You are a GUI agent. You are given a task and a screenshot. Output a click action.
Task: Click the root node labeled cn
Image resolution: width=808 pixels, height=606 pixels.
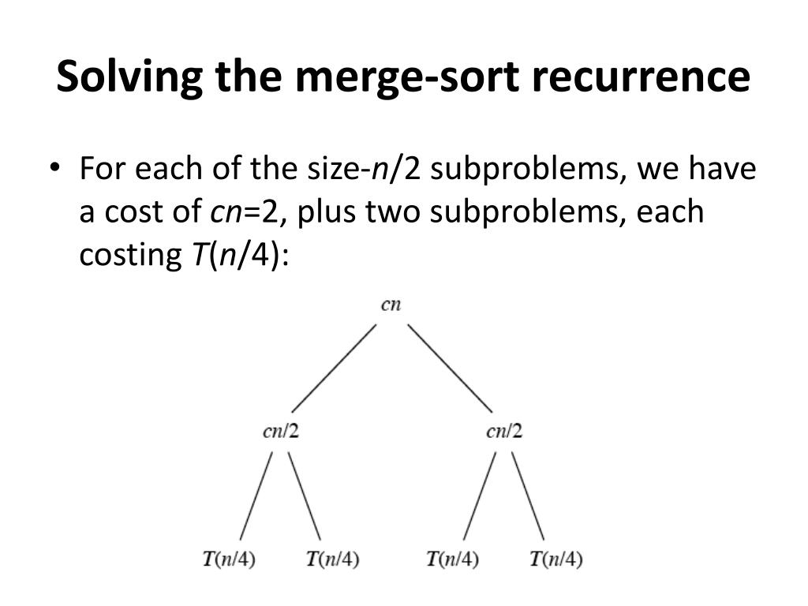[391, 305]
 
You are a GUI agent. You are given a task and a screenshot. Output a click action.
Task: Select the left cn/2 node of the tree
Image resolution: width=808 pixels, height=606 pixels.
[281, 431]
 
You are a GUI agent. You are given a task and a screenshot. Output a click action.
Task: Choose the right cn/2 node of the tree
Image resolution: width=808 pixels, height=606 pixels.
[505, 431]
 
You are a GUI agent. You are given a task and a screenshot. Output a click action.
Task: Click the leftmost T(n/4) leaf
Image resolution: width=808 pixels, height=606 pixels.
[229, 559]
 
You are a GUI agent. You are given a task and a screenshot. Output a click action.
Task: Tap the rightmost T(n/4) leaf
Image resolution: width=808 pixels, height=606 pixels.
[556, 559]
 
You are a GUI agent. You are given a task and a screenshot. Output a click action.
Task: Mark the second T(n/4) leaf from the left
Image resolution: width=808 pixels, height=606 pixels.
[332, 559]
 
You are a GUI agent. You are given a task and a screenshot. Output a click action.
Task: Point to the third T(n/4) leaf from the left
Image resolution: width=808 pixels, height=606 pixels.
[452, 559]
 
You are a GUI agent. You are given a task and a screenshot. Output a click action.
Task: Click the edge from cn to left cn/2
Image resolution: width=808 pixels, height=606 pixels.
[333, 368]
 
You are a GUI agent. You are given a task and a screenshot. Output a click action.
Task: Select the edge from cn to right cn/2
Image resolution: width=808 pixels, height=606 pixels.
[450, 368]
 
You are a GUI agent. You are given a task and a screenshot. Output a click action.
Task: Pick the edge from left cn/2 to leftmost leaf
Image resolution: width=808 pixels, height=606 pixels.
[256, 496]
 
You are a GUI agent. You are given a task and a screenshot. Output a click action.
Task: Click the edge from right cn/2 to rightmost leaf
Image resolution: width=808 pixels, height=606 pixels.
[527, 496]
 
